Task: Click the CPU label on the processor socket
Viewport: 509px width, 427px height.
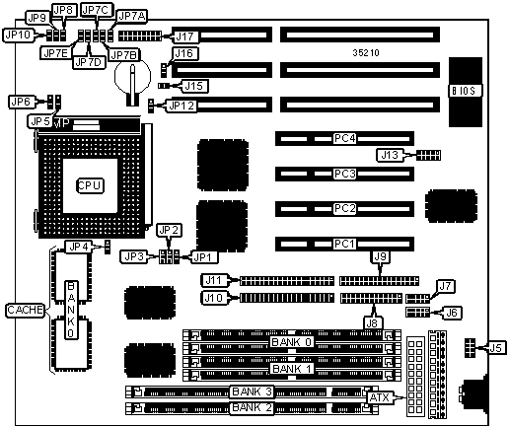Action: pos(90,185)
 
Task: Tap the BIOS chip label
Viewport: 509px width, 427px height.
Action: pos(464,91)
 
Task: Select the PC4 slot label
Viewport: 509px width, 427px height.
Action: pos(344,138)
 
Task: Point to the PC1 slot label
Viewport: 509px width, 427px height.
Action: pos(344,244)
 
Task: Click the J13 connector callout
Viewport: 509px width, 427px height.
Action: pos(390,155)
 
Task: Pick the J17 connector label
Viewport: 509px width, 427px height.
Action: pos(184,36)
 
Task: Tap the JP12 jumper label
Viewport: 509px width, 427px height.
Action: pos(182,106)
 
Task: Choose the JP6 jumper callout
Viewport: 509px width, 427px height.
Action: pos(21,102)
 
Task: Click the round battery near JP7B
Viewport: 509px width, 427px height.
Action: pos(132,77)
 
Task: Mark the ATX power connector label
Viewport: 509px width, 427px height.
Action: pos(379,397)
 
